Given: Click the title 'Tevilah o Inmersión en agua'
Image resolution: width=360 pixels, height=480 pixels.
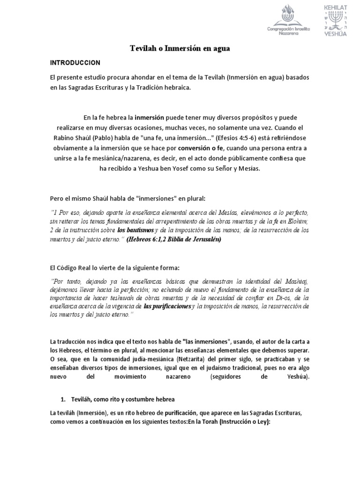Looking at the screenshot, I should point(180,49).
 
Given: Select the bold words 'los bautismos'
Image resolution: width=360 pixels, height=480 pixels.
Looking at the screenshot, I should point(135,231).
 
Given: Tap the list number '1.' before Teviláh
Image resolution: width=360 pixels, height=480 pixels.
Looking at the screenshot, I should point(64,399).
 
